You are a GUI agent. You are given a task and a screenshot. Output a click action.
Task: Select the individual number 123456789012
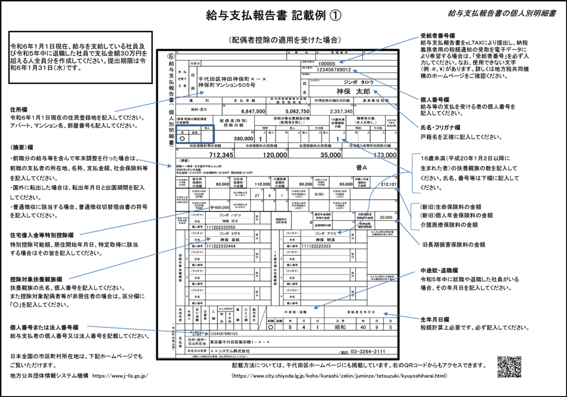(x=327, y=70)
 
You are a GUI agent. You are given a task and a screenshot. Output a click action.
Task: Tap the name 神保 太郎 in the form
(x=353, y=90)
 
